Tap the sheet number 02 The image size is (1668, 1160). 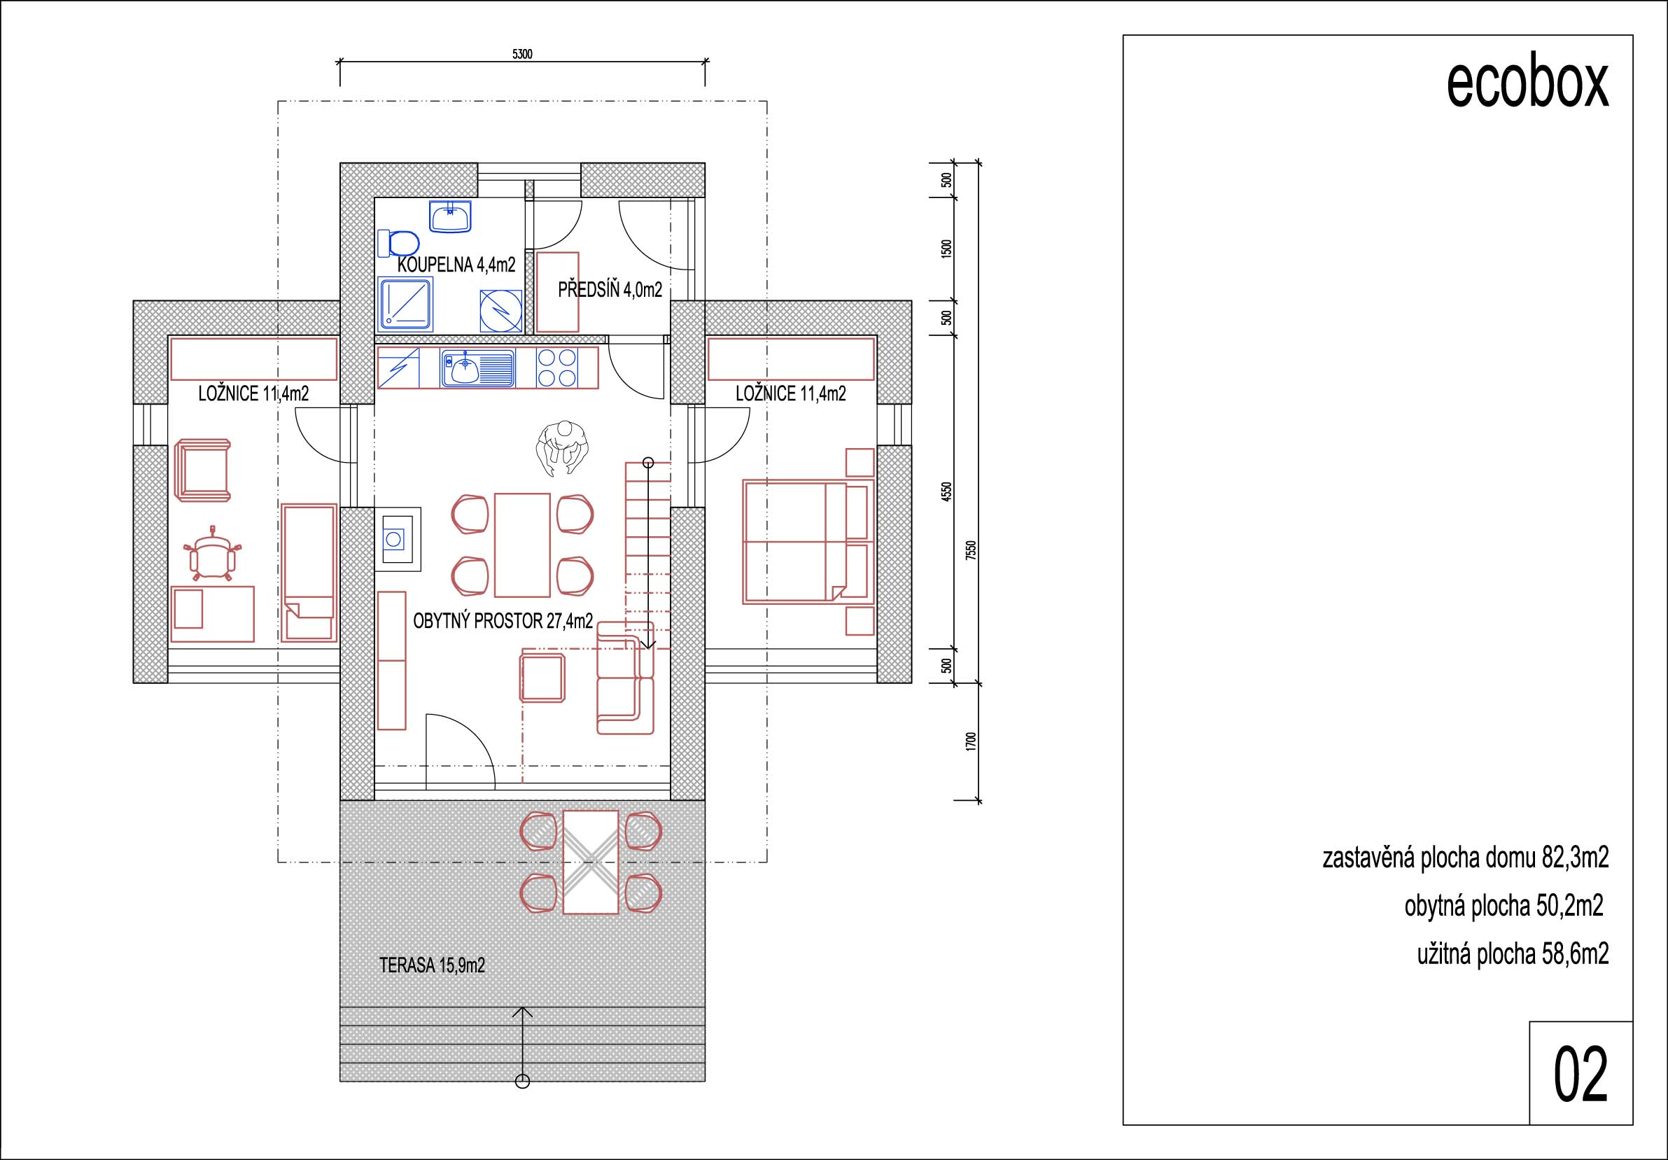pyautogui.click(x=1581, y=1076)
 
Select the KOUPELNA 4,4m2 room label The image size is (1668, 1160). pyautogui.click(x=456, y=265)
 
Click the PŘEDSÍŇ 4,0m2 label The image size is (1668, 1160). pyautogui.click(x=610, y=291)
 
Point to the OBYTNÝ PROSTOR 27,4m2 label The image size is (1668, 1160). pyautogui.click(x=503, y=621)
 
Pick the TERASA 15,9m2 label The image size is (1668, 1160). pyautogui.click(x=432, y=965)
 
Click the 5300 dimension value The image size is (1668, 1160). pyautogui.click(x=522, y=55)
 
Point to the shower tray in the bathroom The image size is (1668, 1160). pyautogui.click(x=406, y=305)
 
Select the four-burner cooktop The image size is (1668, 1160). pyautogui.click(x=557, y=368)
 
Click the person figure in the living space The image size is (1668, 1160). pyautogui.click(x=561, y=449)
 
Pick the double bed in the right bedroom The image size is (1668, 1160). pyautogui.click(x=794, y=541)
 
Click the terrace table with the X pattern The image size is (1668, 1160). pyautogui.click(x=591, y=862)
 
